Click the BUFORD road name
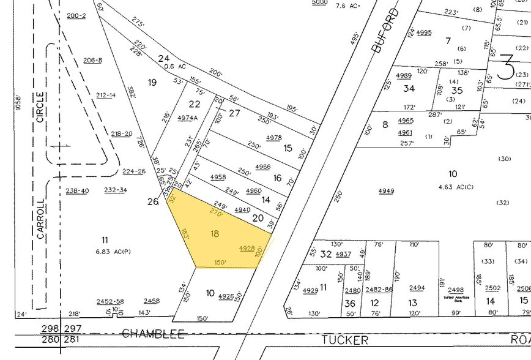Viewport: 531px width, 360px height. (x=385, y=31)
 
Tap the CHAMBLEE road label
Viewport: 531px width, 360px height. (x=153, y=333)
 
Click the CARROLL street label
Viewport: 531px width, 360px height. (x=40, y=219)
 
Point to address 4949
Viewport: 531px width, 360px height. (x=386, y=191)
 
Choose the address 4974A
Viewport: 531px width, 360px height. (x=188, y=118)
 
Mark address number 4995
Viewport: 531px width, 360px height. (x=424, y=32)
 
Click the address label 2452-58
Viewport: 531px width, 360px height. (x=110, y=301)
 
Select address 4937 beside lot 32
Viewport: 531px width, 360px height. (x=343, y=254)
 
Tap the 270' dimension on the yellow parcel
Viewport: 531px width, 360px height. (x=216, y=212)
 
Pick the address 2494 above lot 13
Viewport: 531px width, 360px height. (x=417, y=288)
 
